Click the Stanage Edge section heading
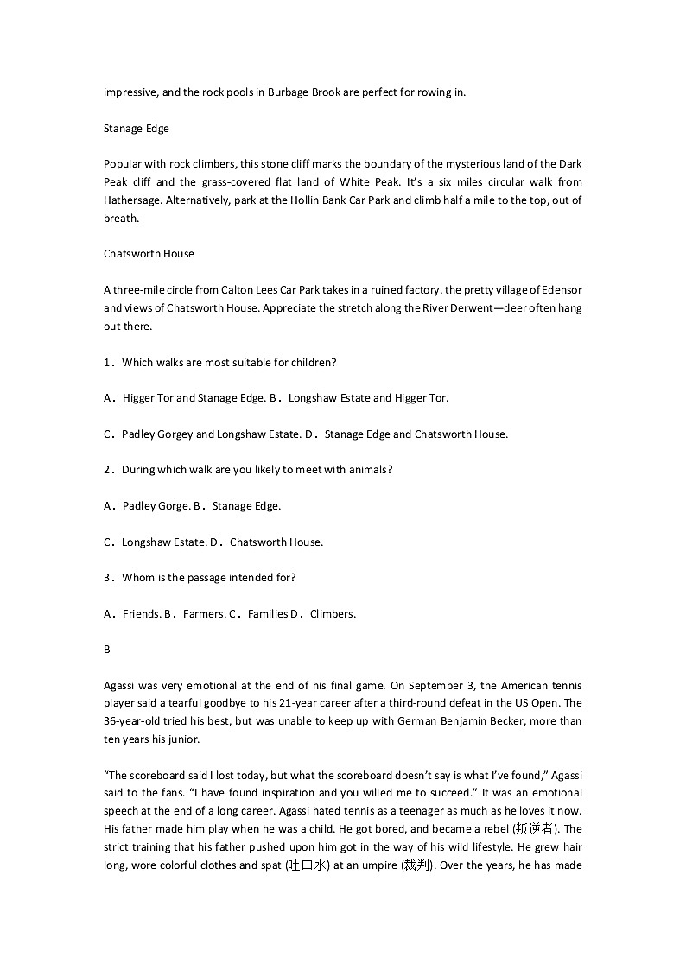coord(137,129)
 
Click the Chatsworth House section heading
coord(149,254)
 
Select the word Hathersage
coord(131,200)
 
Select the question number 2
coord(107,470)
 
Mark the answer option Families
coord(267,614)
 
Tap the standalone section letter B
coord(107,650)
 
